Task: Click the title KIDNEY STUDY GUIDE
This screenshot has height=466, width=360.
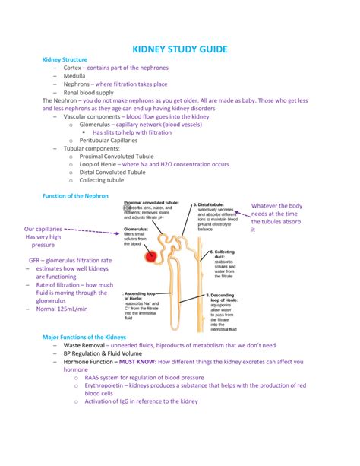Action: coord(180,49)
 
